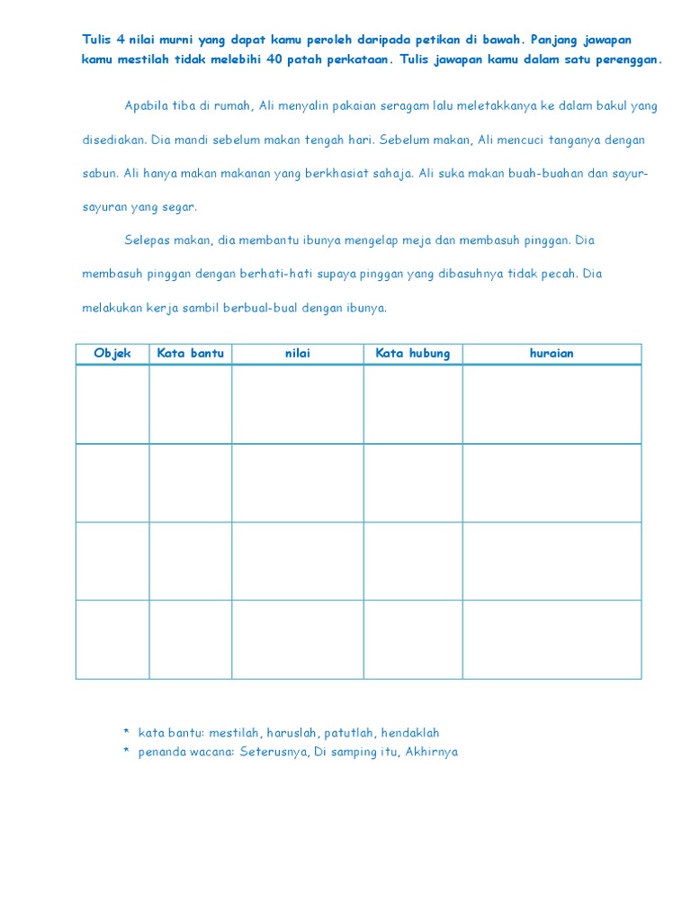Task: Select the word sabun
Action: point(98,174)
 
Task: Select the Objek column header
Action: point(112,353)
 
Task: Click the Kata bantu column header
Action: point(190,353)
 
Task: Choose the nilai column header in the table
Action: point(297,353)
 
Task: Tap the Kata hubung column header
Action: point(412,353)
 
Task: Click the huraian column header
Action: point(552,353)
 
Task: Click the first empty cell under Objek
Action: point(112,404)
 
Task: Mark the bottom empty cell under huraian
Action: point(552,639)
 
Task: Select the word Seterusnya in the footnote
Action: point(274,752)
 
